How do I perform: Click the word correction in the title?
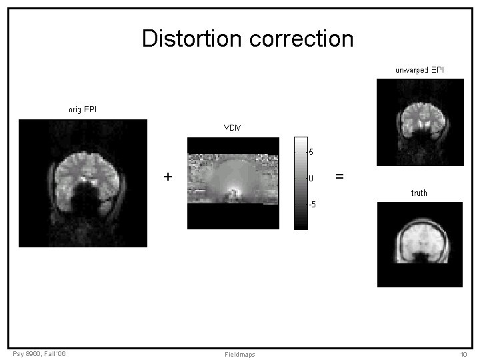click(x=301, y=38)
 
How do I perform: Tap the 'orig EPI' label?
click(x=83, y=109)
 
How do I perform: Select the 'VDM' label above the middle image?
click(x=233, y=127)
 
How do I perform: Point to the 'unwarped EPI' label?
click(x=419, y=69)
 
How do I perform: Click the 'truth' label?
click(x=419, y=193)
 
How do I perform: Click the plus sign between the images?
click(x=167, y=177)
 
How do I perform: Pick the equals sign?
click(x=339, y=177)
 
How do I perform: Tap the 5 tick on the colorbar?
click(x=311, y=152)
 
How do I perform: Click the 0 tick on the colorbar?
click(x=311, y=178)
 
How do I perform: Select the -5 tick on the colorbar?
click(x=311, y=204)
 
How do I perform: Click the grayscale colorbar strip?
click(x=301, y=183)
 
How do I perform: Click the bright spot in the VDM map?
click(x=233, y=190)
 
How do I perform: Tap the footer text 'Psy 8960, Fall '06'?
click(x=39, y=353)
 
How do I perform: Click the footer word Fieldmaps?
click(x=240, y=354)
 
